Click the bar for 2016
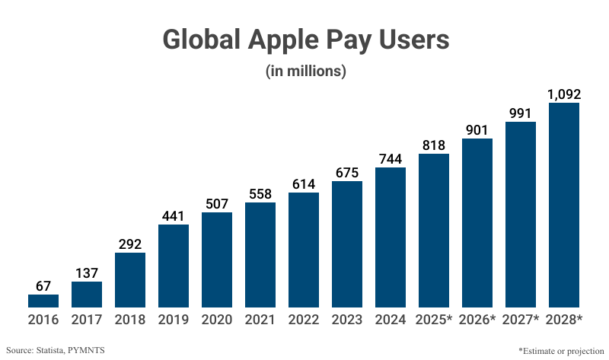43,301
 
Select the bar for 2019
174,266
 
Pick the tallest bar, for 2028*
564,205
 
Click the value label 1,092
564,94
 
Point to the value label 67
43,286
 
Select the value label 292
130,244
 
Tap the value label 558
260,194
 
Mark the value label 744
391,159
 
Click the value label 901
477,130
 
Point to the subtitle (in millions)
305,71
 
